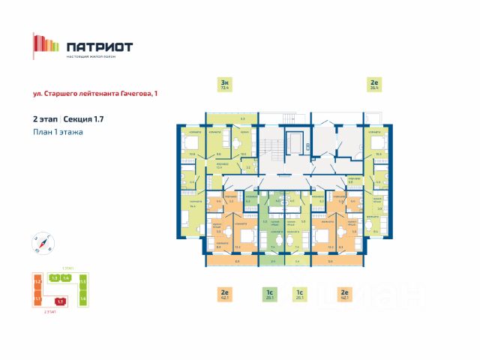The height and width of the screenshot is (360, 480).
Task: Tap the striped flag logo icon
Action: tap(45, 45)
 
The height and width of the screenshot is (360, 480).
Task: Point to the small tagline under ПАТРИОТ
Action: tap(97, 58)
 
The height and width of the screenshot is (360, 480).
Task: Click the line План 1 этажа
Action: tap(58, 132)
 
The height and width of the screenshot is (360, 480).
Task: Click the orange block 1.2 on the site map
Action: tap(37, 282)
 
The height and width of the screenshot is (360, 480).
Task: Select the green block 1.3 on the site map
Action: tap(54, 277)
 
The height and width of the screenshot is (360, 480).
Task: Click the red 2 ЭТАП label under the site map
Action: tap(49, 310)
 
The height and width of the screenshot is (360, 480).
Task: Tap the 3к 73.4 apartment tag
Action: tap(223, 84)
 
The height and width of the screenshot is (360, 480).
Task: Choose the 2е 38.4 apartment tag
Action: tap(373, 84)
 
